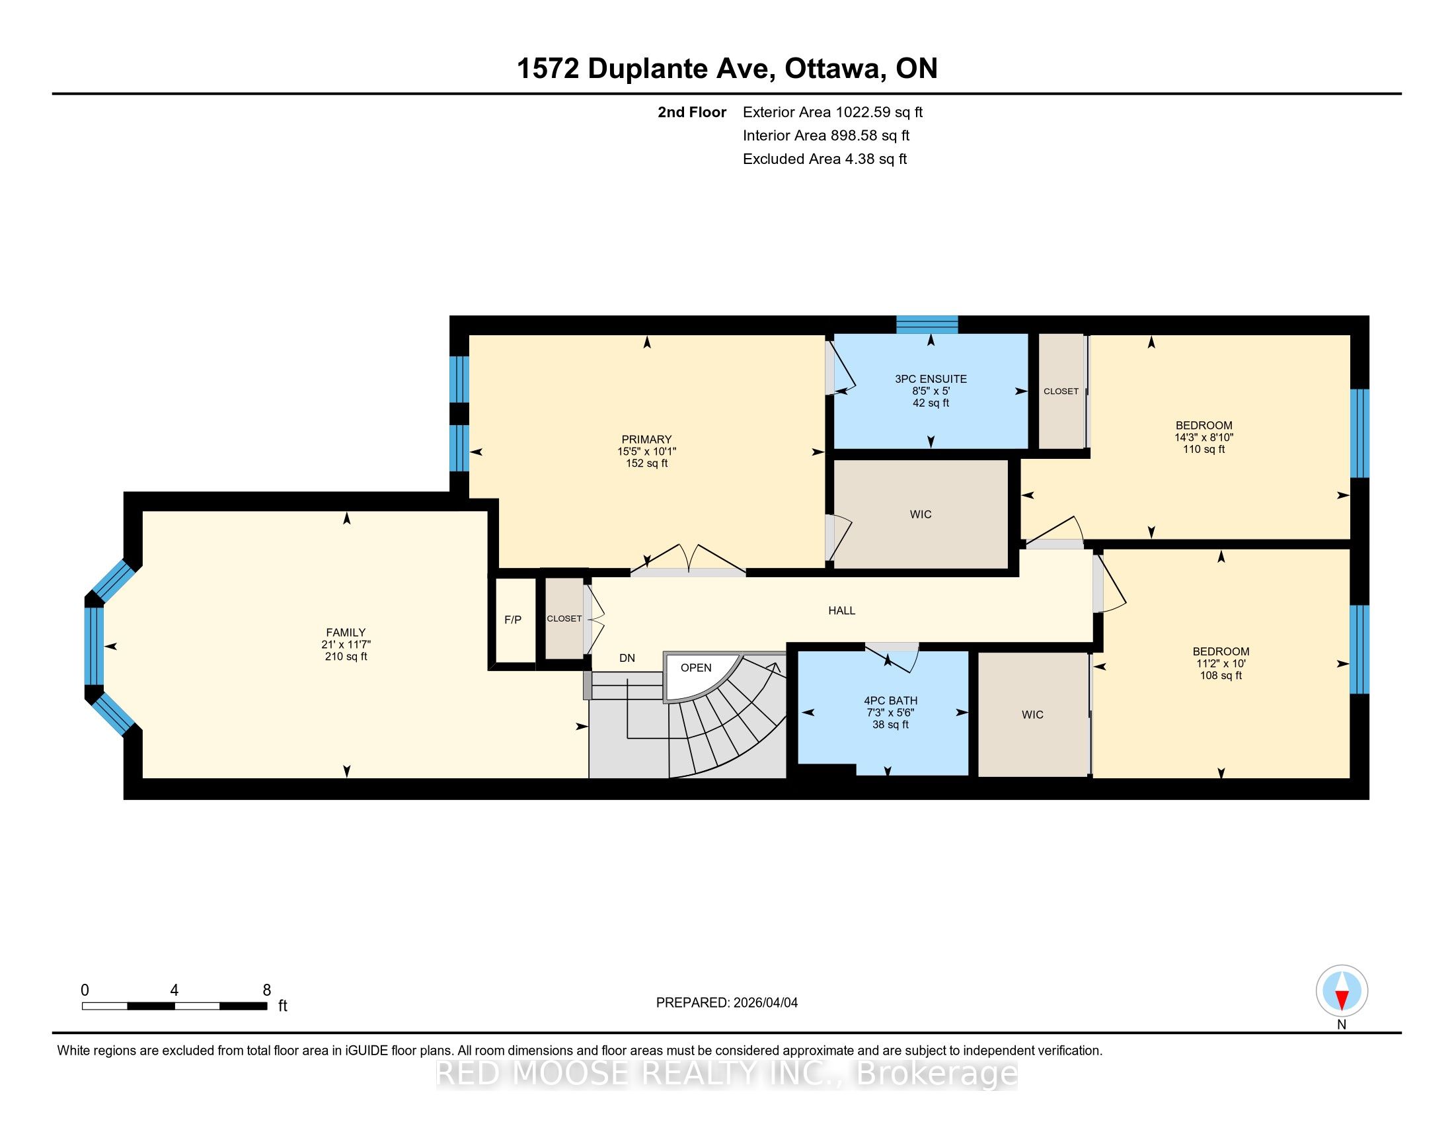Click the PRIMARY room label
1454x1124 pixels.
(x=646, y=440)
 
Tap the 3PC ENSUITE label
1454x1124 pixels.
(x=931, y=379)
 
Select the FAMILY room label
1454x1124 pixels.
(x=346, y=633)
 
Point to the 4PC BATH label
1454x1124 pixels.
(x=891, y=700)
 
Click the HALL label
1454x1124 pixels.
(x=841, y=611)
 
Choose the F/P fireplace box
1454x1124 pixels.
(x=513, y=620)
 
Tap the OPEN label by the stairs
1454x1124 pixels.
(x=696, y=668)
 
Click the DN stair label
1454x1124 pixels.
(x=627, y=658)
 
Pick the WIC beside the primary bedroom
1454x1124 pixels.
(x=921, y=514)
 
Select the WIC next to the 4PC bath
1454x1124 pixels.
(x=1032, y=715)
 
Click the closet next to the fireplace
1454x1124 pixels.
(x=564, y=619)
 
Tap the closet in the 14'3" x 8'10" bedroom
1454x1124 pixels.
(x=1061, y=391)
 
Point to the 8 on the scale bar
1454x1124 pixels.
(x=266, y=990)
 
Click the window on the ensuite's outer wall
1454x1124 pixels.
(x=927, y=324)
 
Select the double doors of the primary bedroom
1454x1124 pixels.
(x=688, y=560)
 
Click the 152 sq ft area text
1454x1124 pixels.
(x=646, y=463)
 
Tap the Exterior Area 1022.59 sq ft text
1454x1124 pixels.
(x=833, y=112)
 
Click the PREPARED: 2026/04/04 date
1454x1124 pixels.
(x=727, y=1003)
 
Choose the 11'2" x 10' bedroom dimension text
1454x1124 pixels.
(x=1221, y=664)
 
